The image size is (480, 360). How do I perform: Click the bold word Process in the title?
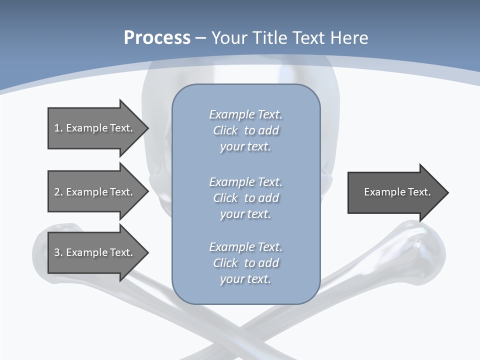[157, 38]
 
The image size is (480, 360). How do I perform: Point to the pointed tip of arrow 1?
[147, 128]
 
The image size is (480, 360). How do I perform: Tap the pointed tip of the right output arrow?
[447, 192]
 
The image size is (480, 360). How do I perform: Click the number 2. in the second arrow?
[58, 192]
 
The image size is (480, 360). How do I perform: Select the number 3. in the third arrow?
[58, 252]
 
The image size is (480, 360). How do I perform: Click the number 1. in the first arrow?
[58, 128]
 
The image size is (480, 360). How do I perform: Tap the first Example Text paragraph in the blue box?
[245, 130]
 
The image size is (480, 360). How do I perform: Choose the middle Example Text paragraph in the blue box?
[245, 198]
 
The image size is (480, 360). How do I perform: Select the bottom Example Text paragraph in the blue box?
[245, 263]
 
